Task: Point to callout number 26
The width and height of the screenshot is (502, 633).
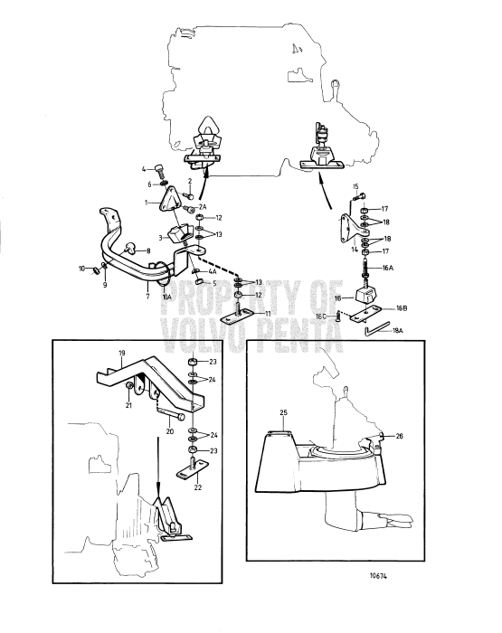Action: tap(400, 436)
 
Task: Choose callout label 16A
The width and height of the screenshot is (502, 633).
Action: tap(387, 269)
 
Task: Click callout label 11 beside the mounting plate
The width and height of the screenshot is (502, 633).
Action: tap(267, 313)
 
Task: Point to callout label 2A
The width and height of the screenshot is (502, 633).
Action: tap(204, 207)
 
